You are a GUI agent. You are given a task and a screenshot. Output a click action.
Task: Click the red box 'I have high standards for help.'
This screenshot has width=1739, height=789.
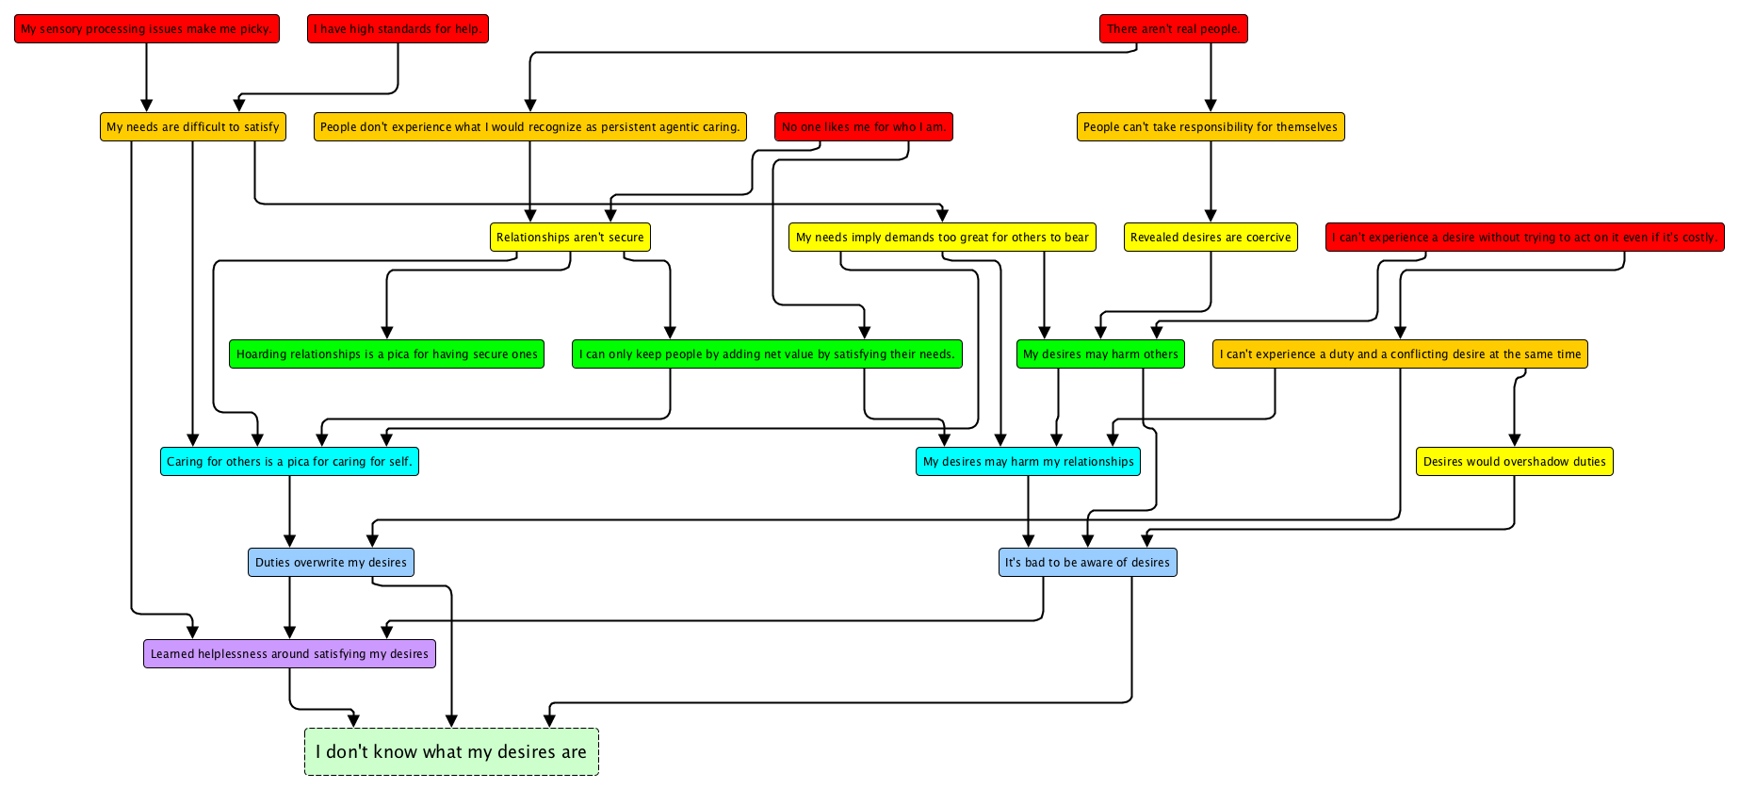point(398,29)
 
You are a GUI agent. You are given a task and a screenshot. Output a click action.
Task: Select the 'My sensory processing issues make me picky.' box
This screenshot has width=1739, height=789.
point(147,29)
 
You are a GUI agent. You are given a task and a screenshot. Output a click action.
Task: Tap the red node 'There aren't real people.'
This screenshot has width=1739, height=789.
point(1173,29)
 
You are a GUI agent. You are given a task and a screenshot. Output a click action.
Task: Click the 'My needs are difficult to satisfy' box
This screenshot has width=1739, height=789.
point(193,127)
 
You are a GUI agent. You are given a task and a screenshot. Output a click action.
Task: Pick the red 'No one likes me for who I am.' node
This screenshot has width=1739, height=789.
point(863,127)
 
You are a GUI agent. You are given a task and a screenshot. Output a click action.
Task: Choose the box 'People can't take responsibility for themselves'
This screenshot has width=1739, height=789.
point(1210,127)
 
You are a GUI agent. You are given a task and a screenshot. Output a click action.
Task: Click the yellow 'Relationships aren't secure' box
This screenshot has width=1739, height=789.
point(570,238)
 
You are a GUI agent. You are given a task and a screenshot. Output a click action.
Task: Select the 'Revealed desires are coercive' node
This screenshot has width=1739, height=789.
point(1210,238)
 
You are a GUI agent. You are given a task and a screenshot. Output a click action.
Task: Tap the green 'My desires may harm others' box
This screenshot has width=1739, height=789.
point(1100,354)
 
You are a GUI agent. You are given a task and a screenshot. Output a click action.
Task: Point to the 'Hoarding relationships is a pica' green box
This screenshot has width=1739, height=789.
point(386,354)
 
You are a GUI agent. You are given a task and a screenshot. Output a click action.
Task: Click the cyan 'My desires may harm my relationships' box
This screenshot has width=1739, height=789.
point(1028,462)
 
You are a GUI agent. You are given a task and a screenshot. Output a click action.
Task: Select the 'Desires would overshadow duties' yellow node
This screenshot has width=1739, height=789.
point(1514,462)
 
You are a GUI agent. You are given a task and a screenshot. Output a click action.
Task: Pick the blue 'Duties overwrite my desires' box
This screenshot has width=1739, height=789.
point(331,563)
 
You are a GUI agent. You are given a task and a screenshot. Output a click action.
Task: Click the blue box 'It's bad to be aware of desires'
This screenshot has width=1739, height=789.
point(1087,563)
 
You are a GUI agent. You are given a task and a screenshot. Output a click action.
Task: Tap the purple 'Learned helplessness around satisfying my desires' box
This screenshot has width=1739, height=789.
point(289,654)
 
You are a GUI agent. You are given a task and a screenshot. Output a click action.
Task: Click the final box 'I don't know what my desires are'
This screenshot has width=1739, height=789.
point(451,752)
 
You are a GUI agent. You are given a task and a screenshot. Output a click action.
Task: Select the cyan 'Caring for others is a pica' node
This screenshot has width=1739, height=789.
point(289,462)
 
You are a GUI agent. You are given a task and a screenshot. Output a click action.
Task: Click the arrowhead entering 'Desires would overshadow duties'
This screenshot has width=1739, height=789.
point(1515,440)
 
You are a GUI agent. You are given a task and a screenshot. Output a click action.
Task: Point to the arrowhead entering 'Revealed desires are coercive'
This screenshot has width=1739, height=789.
point(1211,217)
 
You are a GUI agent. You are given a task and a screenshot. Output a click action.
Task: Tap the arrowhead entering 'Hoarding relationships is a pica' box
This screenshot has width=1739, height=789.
point(387,333)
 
